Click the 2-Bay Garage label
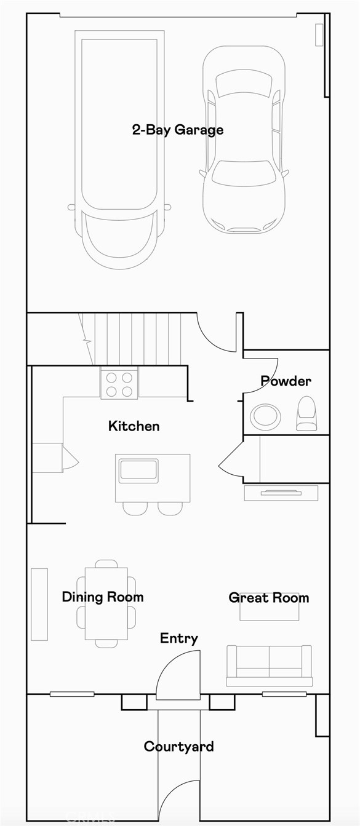pos(177,130)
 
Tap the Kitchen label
pos(134,426)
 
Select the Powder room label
pos(286,381)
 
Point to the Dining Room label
pos(103,597)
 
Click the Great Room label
pos(268,597)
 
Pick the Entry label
pos(179,638)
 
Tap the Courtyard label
pos(178,746)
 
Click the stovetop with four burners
pos(119,384)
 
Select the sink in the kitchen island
pos(138,469)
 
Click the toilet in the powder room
pos(306,413)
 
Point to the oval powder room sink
pos(265,416)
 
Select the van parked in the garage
pos(119,148)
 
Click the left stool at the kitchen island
pos(135,508)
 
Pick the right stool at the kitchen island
pos(170,508)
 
